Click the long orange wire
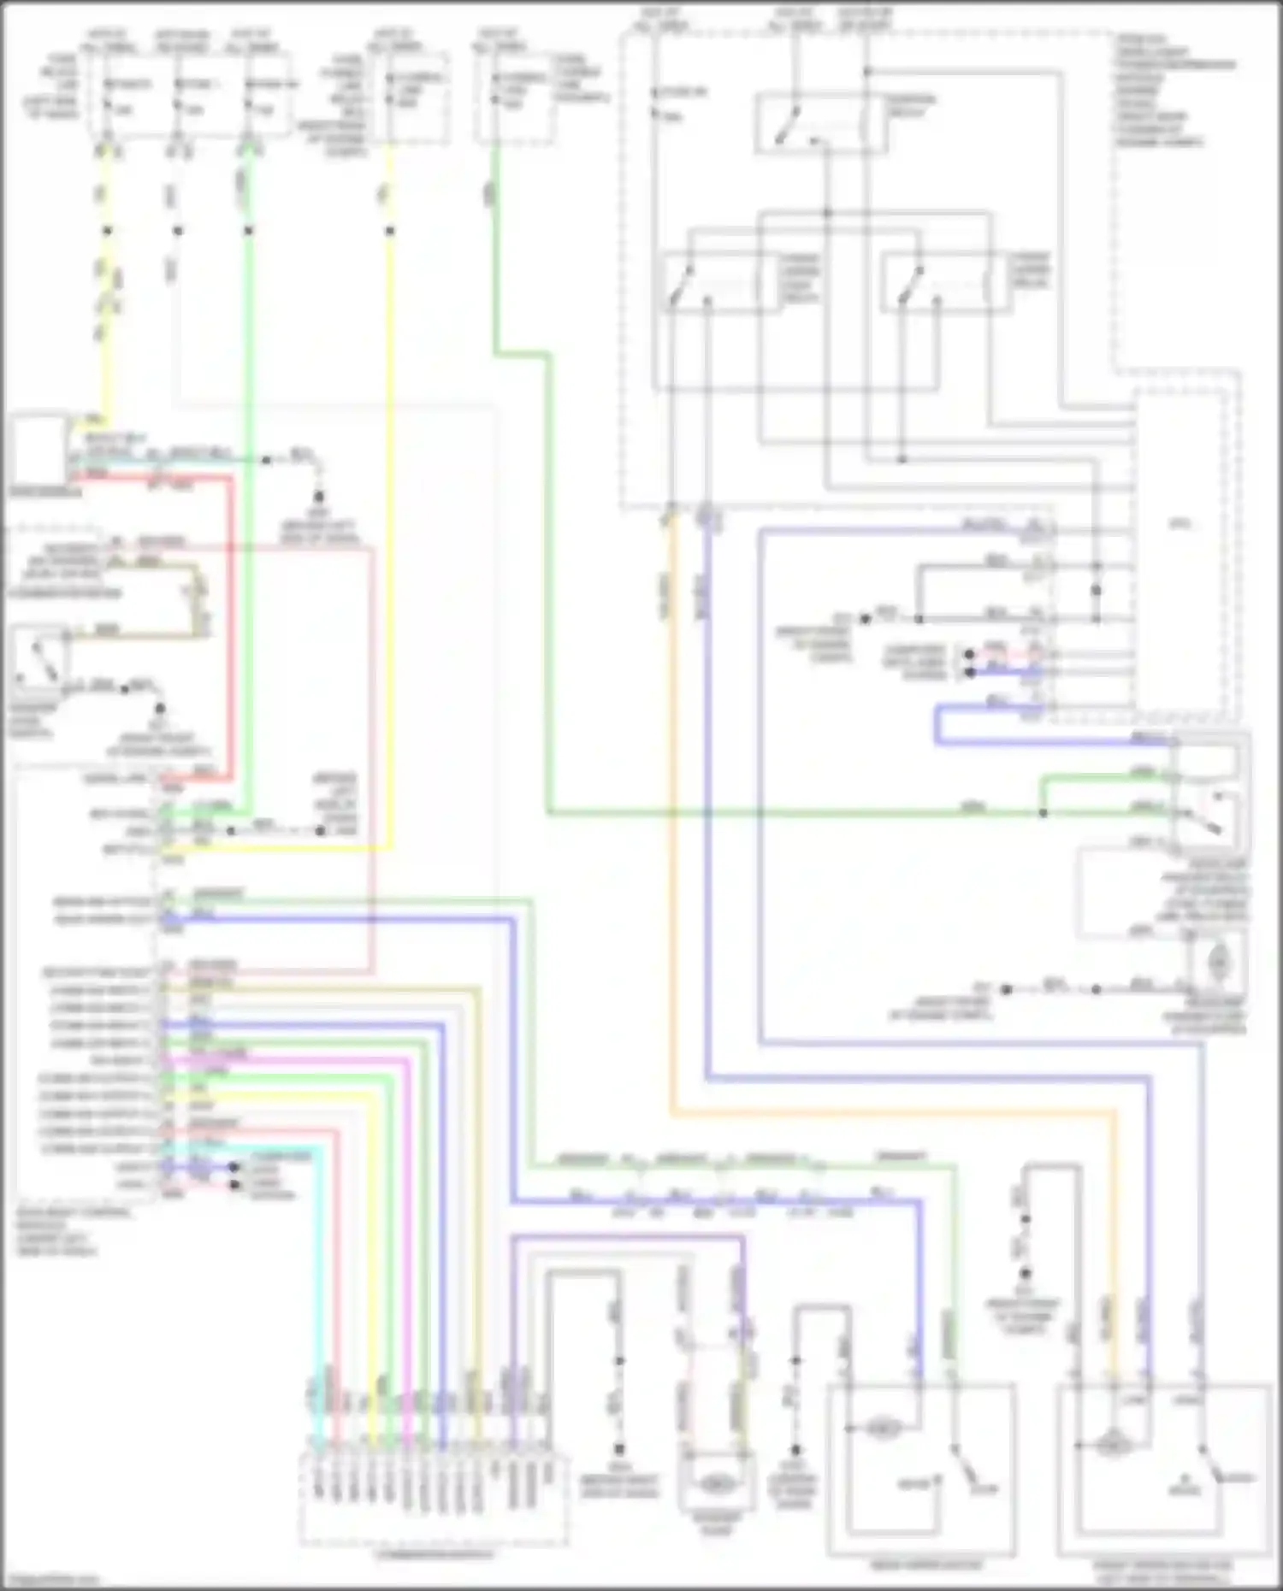tap(890, 1113)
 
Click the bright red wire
tap(230, 633)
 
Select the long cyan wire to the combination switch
tap(318, 1282)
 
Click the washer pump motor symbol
tap(717, 1485)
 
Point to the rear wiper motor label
tap(921, 1565)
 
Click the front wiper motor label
tap(1163, 1570)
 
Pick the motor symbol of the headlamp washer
tap(1218, 963)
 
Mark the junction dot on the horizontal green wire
tap(1043, 812)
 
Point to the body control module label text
tap(73, 1231)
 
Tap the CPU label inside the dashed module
tap(1180, 524)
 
